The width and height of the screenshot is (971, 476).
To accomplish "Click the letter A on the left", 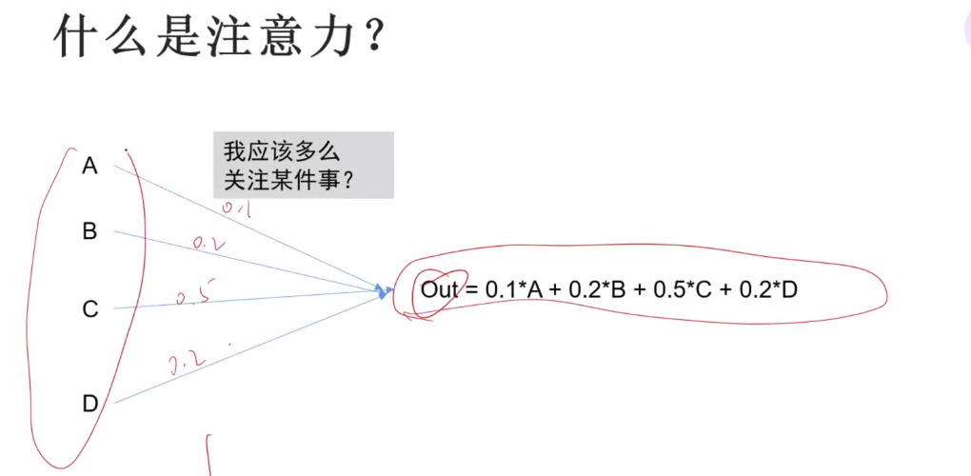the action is [x=89, y=167].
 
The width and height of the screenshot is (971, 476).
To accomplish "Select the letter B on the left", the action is [x=89, y=231].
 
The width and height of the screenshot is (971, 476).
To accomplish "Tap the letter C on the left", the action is [x=90, y=309].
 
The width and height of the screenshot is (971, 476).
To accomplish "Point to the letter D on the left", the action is [x=90, y=404].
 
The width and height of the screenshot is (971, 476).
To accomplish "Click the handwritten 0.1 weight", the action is [x=235, y=207].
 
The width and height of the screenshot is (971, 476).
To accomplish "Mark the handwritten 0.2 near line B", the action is [x=208, y=244].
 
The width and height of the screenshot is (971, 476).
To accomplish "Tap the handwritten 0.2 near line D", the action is [x=188, y=362].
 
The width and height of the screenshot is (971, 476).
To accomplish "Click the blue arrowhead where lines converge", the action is [x=383, y=291].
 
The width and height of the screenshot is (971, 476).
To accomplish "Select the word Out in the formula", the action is [x=440, y=289].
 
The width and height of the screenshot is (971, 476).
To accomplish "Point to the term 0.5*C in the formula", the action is [x=683, y=289].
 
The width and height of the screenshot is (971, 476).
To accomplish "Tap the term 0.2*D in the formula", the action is [x=766, y=289].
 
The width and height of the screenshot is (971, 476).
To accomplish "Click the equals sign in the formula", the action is [x=472, y=289].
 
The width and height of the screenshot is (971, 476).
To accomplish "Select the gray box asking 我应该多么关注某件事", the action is [x=303, y=165].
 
